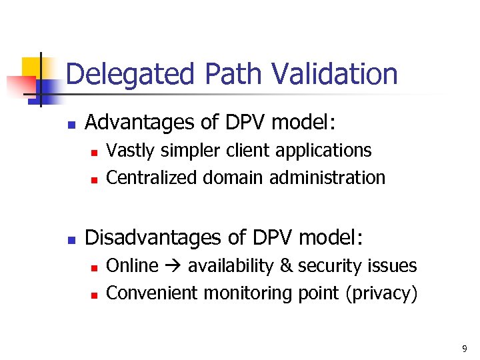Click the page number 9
(x=465, y=349)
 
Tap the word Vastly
(x=129, y=151)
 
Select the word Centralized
(x=152, y=178)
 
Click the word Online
(x=132, y=266)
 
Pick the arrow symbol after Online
(x=173, y=267)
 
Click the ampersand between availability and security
(x=286, y=266)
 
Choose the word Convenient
(x=152, y=293)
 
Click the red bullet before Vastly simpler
(x=94, y=153)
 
